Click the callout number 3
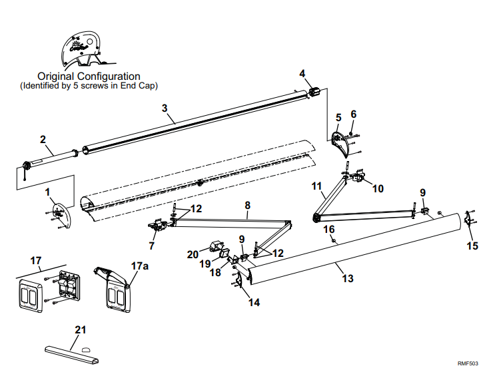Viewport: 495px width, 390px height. tap(165, 107)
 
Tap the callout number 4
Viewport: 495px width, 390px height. tap(302, 73)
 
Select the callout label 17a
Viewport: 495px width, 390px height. tap(139, 266)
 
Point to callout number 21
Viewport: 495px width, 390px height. tap(81, 330)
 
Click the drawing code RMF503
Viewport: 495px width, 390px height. tap(468, 363)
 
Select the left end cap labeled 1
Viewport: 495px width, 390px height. tap(58, 214)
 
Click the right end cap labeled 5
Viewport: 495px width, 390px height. tap(343, 143)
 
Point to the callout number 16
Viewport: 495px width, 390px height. tap(328, 230)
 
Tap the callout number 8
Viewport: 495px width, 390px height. tap(247, 206)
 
